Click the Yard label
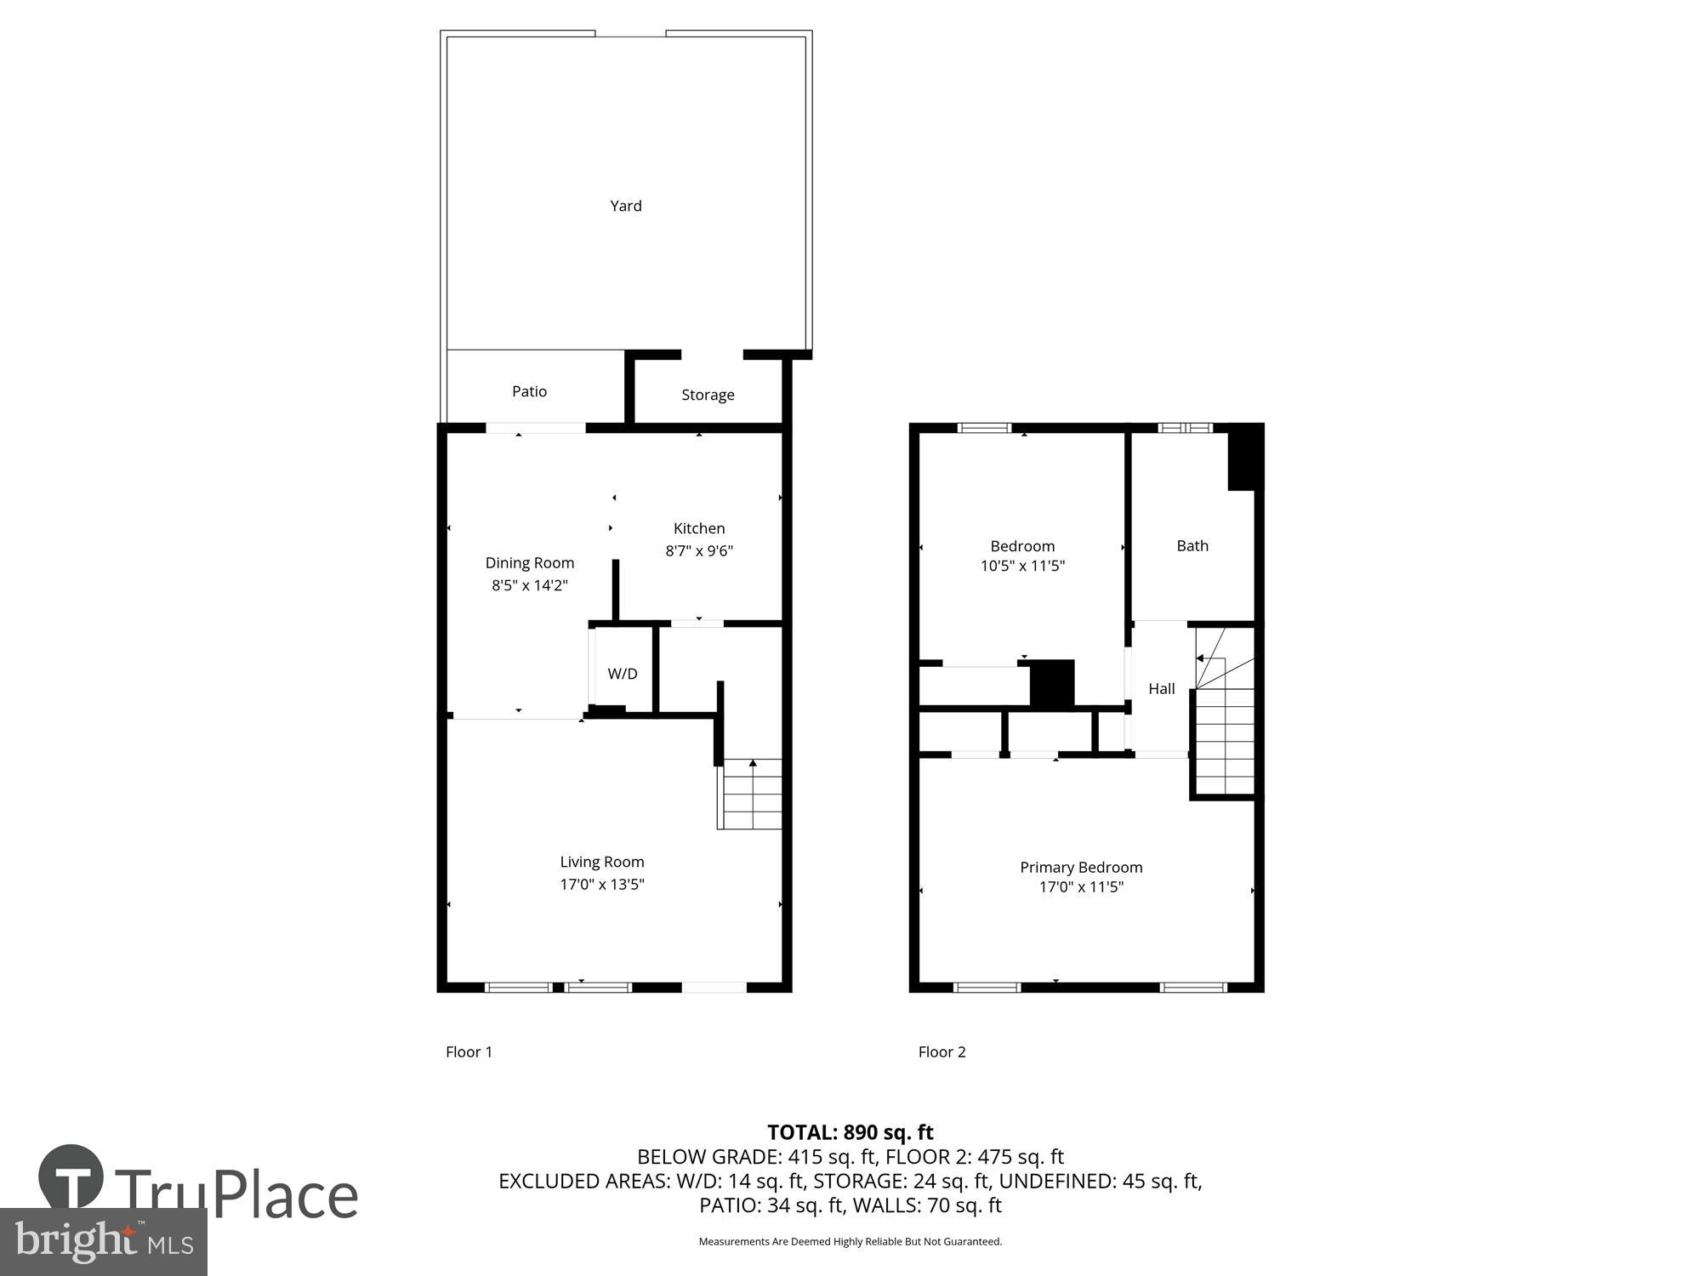coord(626,206)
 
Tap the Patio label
coord(529,391)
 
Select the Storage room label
coord(708,395)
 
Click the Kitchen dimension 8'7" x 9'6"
coord(699,550)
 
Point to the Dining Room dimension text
coord(530,585)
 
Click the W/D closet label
coord(623,674)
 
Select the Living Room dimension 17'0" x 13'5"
coord(602,884)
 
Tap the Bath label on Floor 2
coord(1192,546)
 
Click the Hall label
coord(1162,689)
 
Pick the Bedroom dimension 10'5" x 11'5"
coord(1022,566)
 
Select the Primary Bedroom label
coord(1081,867)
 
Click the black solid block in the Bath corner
coord(1244,458)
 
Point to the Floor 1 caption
coord(469,1051)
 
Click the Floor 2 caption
coord(942,1051)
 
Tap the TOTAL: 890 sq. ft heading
coord(850,1132)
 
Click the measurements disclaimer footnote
coord(850,1242)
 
